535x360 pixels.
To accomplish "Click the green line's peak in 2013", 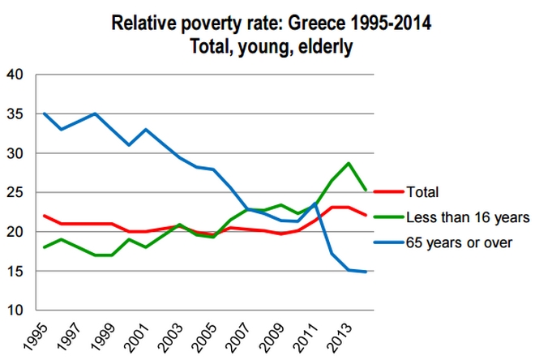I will click(349, 164).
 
